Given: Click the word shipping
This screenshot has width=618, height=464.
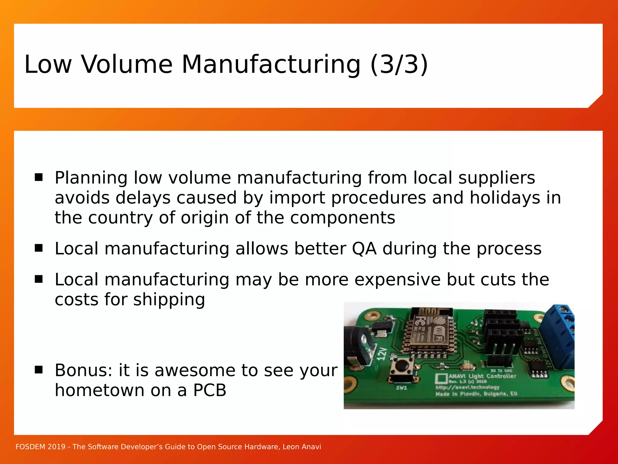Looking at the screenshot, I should click(169, 300).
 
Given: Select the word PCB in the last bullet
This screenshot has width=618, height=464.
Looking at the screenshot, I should click(210, 390).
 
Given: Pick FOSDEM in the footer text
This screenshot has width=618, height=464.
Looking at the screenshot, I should click(30, 447).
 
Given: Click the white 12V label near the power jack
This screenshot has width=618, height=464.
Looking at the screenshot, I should click(382, 354).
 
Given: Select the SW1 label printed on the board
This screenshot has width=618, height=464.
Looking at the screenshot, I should click(401, 388).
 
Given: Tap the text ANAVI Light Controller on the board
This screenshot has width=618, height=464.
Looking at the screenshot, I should click(482, 376).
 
